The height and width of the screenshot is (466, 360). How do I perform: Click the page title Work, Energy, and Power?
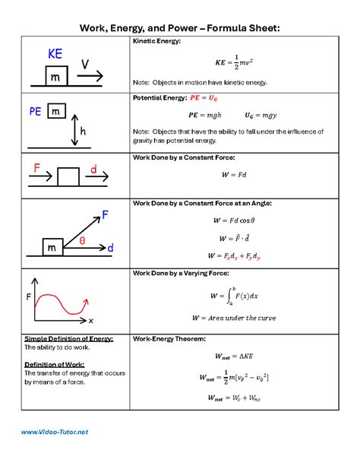180,27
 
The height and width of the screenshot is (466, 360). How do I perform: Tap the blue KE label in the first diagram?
55,54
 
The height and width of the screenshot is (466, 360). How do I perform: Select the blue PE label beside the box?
35,112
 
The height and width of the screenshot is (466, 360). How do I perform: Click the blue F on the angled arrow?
105,215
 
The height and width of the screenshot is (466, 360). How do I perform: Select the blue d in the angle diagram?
110,249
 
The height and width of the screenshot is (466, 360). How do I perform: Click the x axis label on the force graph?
90,321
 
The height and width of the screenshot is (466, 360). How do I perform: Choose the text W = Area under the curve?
233,318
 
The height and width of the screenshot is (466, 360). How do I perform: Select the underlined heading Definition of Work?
52,364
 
